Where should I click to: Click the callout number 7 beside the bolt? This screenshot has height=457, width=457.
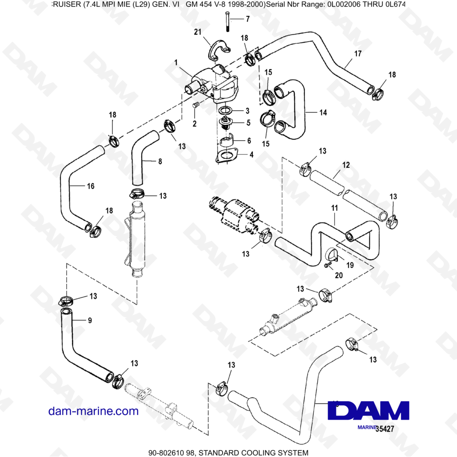click(248, 19)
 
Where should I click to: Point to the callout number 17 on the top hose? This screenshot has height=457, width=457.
click(357, 53)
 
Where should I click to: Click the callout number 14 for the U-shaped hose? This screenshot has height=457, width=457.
click(323, 112)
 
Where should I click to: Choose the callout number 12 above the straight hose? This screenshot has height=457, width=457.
click(345, 165)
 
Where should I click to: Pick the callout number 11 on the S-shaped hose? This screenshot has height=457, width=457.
click(335, 208)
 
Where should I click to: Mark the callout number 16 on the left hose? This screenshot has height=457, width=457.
click(90, 186)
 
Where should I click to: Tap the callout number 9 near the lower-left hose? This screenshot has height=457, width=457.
click(90, 320)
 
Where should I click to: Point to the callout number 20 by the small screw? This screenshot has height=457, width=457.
click(339, 275)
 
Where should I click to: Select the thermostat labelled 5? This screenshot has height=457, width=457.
click(224, 122)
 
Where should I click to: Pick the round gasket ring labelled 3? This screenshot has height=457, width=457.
click(224, 111)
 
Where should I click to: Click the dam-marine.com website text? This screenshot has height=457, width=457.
click(93, 411)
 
